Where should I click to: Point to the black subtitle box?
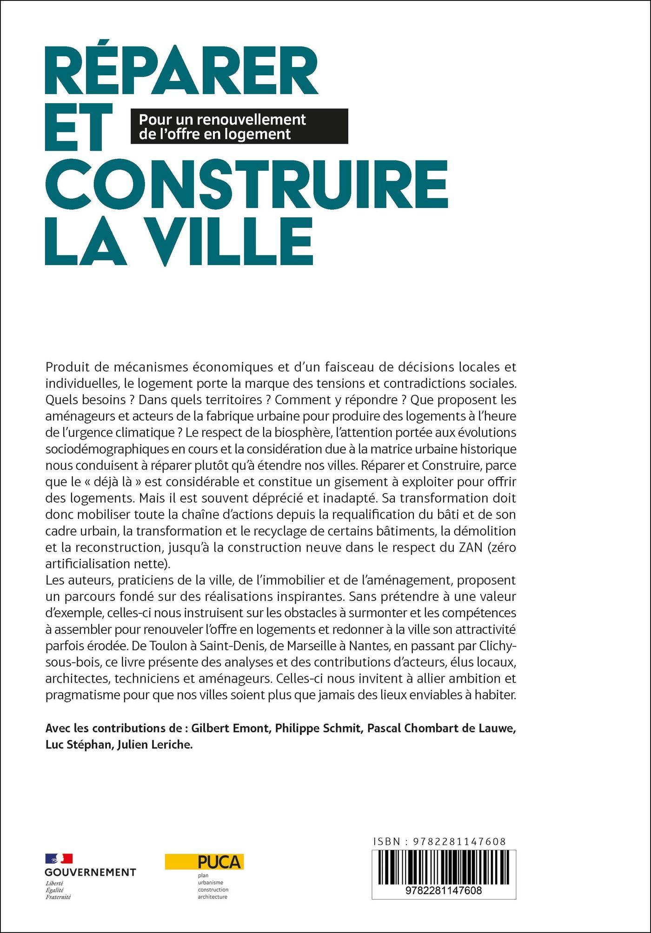pyautogui.click(x=239, y=126)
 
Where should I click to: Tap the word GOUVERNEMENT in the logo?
pyautogui.click(x=90, y=872)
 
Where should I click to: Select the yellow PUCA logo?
pyautogui.click(x=205, y=861)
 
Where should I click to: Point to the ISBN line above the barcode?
pyautogui.click(x=439, y=841)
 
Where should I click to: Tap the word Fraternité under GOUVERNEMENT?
pyautogui.click(x=58, y=897)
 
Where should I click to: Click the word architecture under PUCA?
pyautogui.click(x=213, y=896)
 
